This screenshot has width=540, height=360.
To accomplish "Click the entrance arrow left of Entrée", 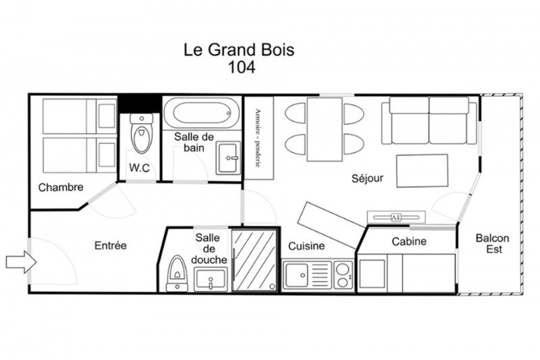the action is coord(22,262).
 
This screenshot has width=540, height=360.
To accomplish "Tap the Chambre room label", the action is coord(61,187).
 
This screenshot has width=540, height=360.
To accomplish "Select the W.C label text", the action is coord(140,168).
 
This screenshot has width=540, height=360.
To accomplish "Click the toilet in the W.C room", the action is coord(142,133).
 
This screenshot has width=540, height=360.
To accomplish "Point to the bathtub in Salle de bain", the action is coord(201,113).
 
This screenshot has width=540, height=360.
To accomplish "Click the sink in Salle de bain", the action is coord(228,158).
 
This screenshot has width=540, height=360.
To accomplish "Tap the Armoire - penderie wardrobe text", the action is coord(258,138).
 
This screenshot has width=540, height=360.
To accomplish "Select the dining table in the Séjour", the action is coord(325,129).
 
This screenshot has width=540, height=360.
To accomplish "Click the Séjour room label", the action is coord(367,178).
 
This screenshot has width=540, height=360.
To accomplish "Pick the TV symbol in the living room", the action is coord(396,217).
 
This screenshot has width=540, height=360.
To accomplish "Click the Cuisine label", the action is coord(306,246).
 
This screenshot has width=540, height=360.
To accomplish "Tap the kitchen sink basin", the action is coord(296,275).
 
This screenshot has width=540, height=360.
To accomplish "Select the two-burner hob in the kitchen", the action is coord(343,275).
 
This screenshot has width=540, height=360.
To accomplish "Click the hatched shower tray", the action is coord(254,261).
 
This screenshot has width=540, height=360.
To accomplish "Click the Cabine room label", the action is coord(409,241).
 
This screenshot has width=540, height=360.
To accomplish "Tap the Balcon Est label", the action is coord(493,244).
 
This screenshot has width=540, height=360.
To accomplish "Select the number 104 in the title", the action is coord(242,67).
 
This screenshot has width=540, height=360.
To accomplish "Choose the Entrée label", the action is coord(111,246).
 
